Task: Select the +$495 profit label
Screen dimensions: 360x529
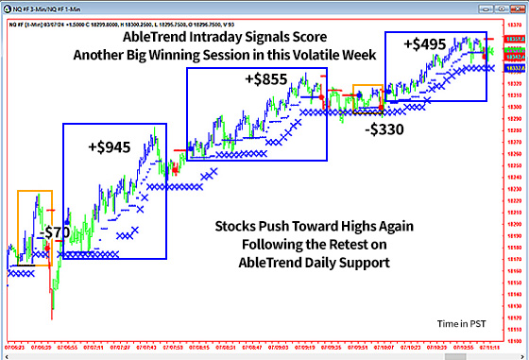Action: point(424,43)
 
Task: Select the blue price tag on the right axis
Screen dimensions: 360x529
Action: point(516,69)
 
